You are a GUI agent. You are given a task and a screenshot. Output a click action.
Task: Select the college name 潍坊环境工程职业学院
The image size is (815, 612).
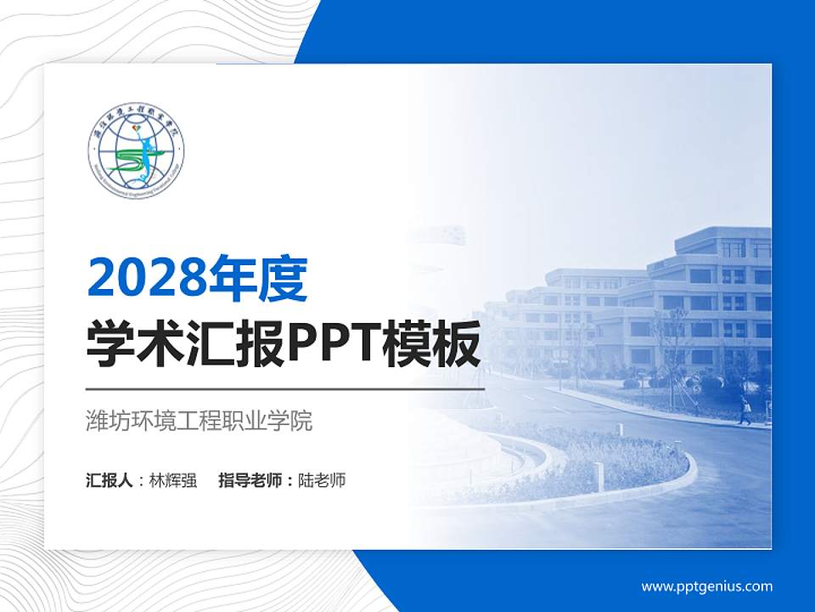tap(200, 421)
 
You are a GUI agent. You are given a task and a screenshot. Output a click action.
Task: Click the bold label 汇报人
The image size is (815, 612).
tap(109, 480)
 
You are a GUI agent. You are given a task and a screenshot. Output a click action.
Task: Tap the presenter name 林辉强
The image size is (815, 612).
tap(172, 480)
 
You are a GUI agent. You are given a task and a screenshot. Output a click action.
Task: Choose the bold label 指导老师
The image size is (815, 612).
tap(252, 480)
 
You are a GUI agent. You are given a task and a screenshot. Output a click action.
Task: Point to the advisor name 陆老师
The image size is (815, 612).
tap(322, 480)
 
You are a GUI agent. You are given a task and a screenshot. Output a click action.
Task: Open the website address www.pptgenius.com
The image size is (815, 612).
tap(706, 586)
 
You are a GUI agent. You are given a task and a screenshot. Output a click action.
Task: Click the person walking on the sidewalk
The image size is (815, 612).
tap(745, 410)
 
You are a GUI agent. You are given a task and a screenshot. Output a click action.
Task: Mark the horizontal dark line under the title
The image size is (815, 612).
tap(285, 389)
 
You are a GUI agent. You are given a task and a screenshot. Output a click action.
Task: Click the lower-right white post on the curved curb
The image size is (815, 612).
tap(599, 476)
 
